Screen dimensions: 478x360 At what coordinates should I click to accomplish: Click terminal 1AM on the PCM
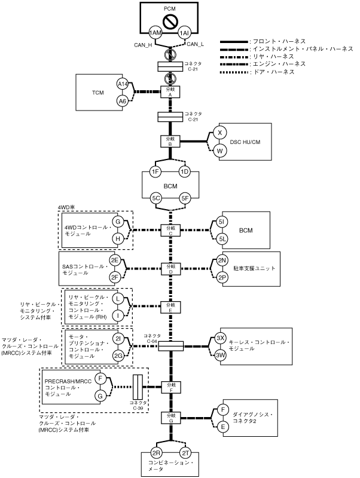(155, 33)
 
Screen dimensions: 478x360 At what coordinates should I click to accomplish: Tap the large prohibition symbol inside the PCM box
(170, 22)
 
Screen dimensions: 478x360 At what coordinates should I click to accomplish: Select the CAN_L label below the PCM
(196, 44)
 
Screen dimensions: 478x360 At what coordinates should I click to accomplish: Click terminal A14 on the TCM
(123, 84)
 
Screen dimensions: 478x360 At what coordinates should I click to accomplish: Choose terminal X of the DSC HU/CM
(220, 133)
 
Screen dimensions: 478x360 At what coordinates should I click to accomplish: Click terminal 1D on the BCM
(184, 172)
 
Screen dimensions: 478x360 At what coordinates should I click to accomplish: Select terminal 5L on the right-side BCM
(222, 238)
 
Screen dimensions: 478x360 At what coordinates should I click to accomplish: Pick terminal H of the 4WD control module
(118, 238)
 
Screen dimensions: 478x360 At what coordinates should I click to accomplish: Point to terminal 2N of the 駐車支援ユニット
(221, 261)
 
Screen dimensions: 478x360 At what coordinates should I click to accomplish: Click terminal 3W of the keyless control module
(221, 354)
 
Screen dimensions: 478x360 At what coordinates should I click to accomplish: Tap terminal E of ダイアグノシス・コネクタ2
(222, 427)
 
